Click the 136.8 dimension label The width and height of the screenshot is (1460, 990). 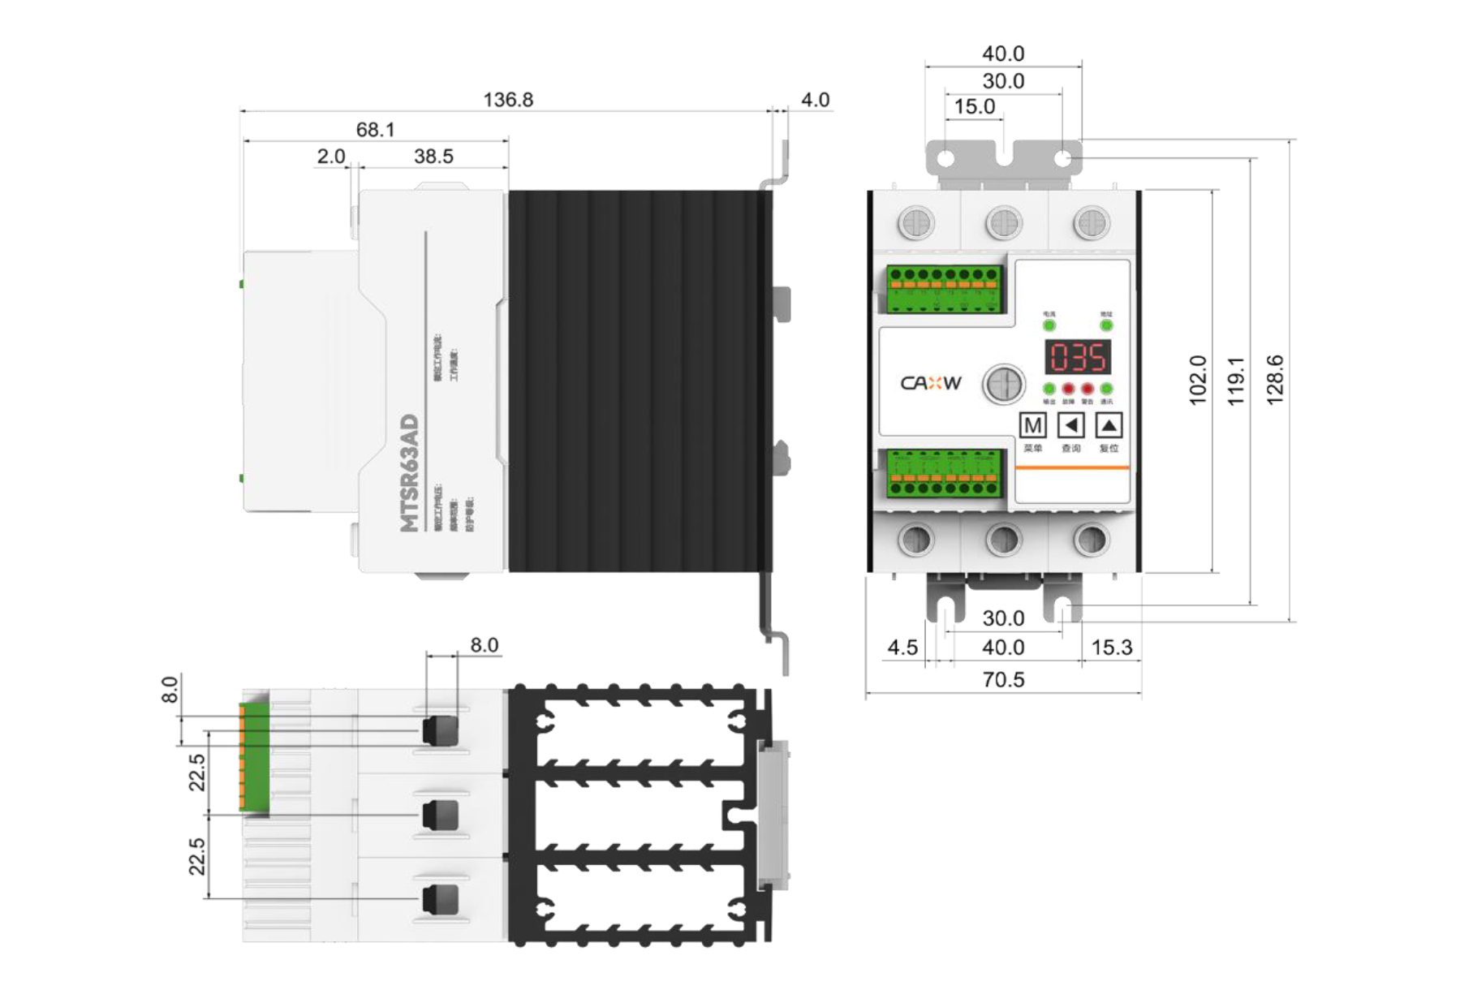(508, 100)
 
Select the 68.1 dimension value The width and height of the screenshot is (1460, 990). (375, 130)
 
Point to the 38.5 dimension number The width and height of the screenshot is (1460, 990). (433, 157)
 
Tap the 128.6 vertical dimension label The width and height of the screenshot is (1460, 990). (1274, 380)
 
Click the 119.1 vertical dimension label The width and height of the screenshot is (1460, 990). (1235, 381)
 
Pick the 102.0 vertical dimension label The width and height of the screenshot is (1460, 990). (1197, 380)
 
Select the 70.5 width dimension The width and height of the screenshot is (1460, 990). (1003, 680)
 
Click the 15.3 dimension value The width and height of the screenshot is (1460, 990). (1111, 648)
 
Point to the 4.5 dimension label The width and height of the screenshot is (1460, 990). (902, 648)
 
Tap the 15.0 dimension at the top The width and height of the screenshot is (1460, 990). (974, 107)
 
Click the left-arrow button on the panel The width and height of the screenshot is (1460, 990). (1071, 425)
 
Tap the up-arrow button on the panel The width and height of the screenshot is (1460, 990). (1109, 425)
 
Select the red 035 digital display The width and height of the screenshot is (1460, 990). (1077, 358)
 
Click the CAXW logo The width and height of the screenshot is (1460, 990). (931, 383)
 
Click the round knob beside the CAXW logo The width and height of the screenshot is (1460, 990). (1004, 385)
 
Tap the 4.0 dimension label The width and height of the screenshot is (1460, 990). (815, 100)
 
